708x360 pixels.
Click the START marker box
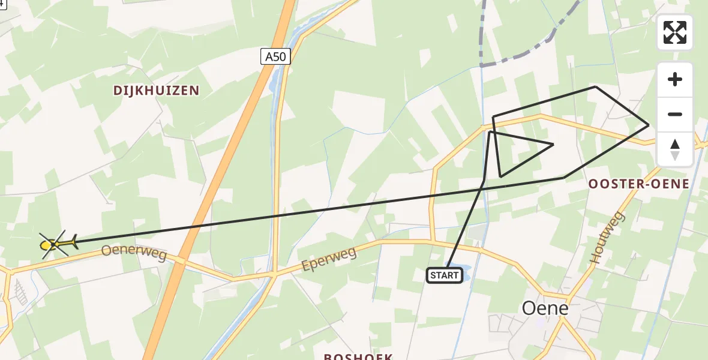[445, 275]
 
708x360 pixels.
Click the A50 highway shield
[276, 57]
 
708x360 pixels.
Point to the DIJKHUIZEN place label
[156, 91]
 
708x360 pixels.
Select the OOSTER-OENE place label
[639, 184]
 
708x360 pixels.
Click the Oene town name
[545, 308]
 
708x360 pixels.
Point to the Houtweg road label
[607, 237]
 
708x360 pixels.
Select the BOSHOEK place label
[358, 356]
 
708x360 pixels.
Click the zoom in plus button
[675, 80]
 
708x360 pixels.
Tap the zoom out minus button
[675, 115]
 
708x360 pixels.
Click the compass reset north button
[675, 149]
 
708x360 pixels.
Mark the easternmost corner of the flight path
[649, 125]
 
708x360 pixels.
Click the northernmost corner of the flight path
[595, 86]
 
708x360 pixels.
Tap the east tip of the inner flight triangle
[553, 144]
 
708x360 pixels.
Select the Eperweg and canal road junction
[274, 274]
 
